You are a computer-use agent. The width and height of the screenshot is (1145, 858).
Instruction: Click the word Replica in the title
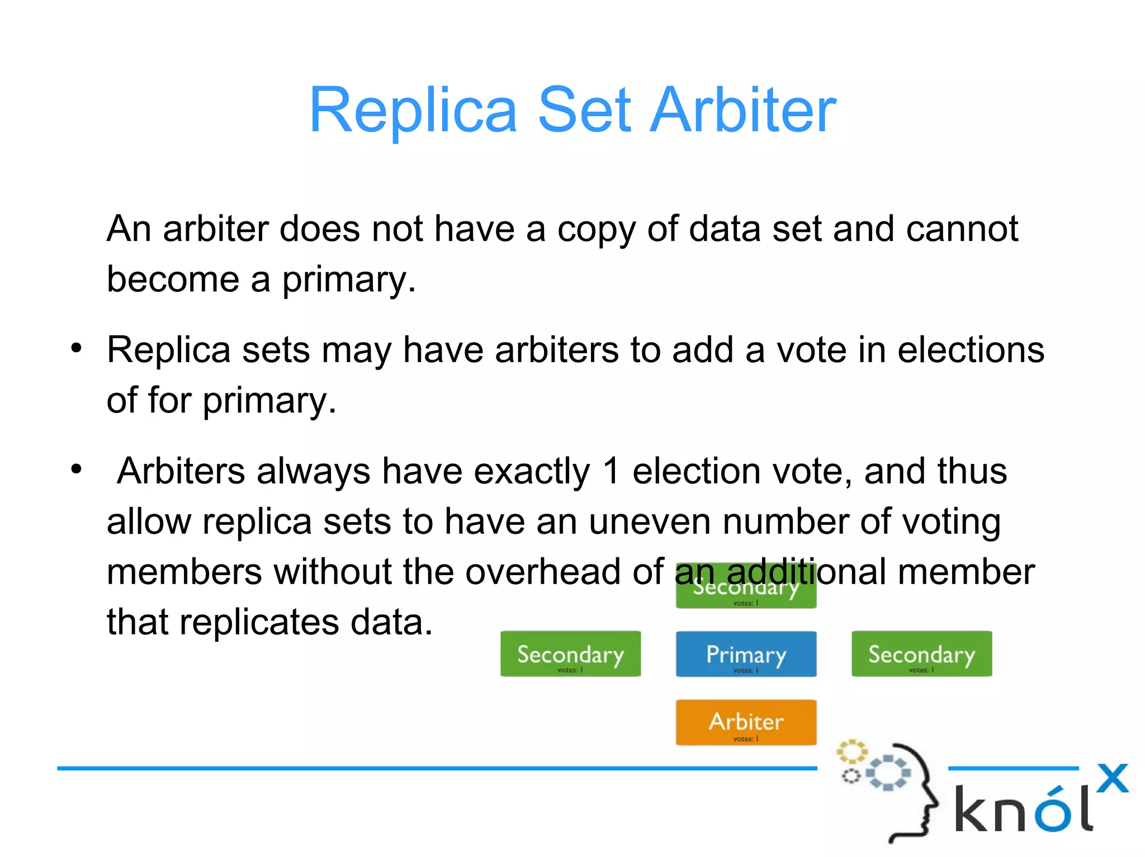pos(413,110)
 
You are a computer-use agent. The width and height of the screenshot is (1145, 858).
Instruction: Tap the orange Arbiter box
pos(746,722)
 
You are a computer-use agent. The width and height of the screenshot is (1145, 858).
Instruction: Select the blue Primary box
pos(746,653)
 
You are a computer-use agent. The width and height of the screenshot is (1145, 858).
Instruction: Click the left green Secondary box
pos(570,653)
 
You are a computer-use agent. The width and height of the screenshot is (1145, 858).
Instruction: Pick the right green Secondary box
pos(921,653)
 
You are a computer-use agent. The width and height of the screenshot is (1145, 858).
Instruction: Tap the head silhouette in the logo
pos(917,794)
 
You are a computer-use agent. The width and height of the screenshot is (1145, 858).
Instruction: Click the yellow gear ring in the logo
pos(851,752)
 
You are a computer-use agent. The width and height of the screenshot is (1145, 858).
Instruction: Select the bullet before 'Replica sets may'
pos(77,349)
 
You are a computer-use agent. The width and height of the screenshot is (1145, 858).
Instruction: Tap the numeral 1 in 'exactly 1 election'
pos(611,471)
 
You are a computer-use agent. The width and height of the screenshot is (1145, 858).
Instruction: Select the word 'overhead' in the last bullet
pos(542,572)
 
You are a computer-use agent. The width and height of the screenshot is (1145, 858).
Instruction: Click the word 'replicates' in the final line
pos(259,622)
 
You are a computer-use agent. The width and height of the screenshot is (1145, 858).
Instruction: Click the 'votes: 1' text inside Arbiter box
pos(746,739)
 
